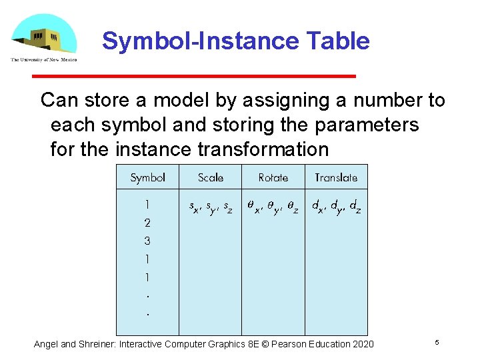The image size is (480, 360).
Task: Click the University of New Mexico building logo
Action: pyautogui.click(x=43, y=37)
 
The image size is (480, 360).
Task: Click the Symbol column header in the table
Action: pyautogui.click(x=147, y=177)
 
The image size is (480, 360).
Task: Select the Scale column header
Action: pyautogui.click(x=211, y=177)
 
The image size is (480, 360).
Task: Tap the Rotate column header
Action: pyautogui.click(x=273, y=177)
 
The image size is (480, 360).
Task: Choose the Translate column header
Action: pyautogui.click(x=336, y=177)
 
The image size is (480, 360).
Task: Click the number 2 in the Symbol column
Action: pyautogui.click(x=147, y=223)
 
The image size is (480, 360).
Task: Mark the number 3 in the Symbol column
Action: pyautogui.click(x=147, y=241)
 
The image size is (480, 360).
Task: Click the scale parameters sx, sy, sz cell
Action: pyautogui.click(x=210, y=207)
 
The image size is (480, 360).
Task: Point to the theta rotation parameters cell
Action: pyautogui.click(x=273, y=207)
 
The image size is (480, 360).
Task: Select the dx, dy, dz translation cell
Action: pyautogui.click(x=337, y=207)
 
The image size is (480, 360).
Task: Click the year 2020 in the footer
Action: pyautogui.click(x=363, y=344)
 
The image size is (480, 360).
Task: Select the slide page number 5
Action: pyautogui.click(x=437, y=342)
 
